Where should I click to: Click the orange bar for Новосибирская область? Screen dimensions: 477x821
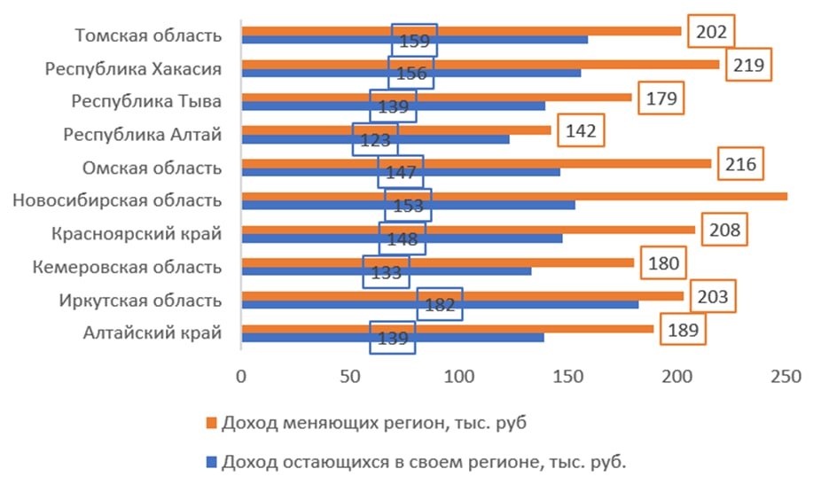click(x=514, y=196)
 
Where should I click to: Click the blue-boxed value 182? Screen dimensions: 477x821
click(x=440, y=304)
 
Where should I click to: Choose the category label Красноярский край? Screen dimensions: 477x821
click(x=136, y=233)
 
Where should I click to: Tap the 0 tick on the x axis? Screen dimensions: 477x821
click(x=241, y=376)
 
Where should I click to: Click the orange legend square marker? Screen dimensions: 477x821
click(x=210, y=423)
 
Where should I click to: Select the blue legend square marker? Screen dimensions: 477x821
click(x=210, y=462)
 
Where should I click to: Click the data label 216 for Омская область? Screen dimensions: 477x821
click(x=739, y=164)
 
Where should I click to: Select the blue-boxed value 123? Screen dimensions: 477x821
click(x=375, y=140)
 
